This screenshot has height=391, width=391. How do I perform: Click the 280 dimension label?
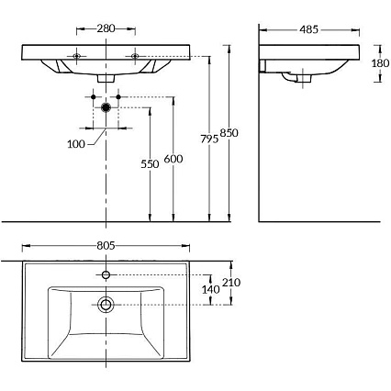(106, 28)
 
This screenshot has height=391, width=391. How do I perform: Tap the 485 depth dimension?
(309, 29)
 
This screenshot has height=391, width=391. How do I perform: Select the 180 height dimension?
(380, 63)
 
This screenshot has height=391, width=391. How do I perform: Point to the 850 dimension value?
(229, 133)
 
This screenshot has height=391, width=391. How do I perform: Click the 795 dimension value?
(209, 139)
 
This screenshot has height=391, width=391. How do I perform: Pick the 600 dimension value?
(173, 159)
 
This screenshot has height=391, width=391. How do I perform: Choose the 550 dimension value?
(150, 164)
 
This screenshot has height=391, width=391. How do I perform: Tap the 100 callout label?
(76, 144)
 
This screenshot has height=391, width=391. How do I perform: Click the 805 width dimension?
(106, 245)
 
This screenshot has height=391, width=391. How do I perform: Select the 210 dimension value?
(231, 283)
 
